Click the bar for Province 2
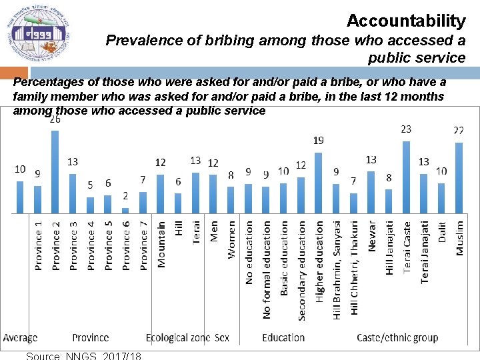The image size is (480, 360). point(55,171)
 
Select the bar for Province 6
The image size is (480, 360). point(125,210)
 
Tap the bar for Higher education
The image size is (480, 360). point(318,183)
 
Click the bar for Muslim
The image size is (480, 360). point(459,178)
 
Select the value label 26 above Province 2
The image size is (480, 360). point(55,120)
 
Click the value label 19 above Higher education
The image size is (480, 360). point(319,141)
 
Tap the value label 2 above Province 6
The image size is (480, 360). point(125,196)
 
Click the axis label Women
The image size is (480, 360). point(231,239)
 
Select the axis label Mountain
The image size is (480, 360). point(161,244)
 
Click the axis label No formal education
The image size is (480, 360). point(267,269)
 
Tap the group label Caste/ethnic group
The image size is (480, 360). point(397,337)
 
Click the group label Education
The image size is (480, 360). point(283,337)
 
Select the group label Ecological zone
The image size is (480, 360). point(178,337)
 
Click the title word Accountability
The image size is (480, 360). point(405,21)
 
